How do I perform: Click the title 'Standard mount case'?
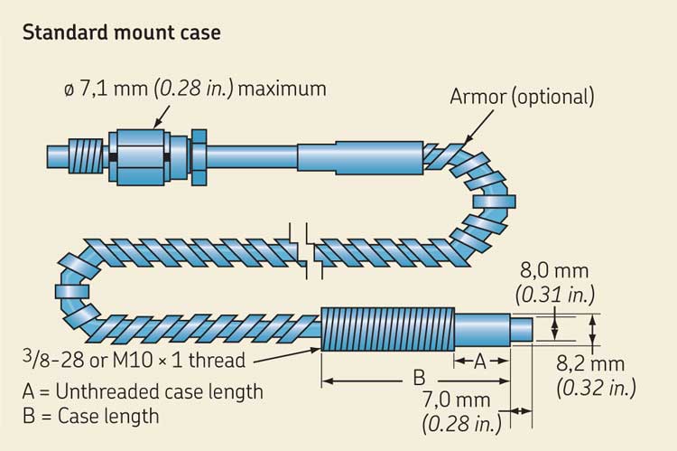pos(121,33)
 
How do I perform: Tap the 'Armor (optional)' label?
pos(522,97)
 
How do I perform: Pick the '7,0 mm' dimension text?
pos(460,399)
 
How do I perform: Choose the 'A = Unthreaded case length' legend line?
pos(142,392)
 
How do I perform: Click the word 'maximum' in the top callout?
pos(283,89)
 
